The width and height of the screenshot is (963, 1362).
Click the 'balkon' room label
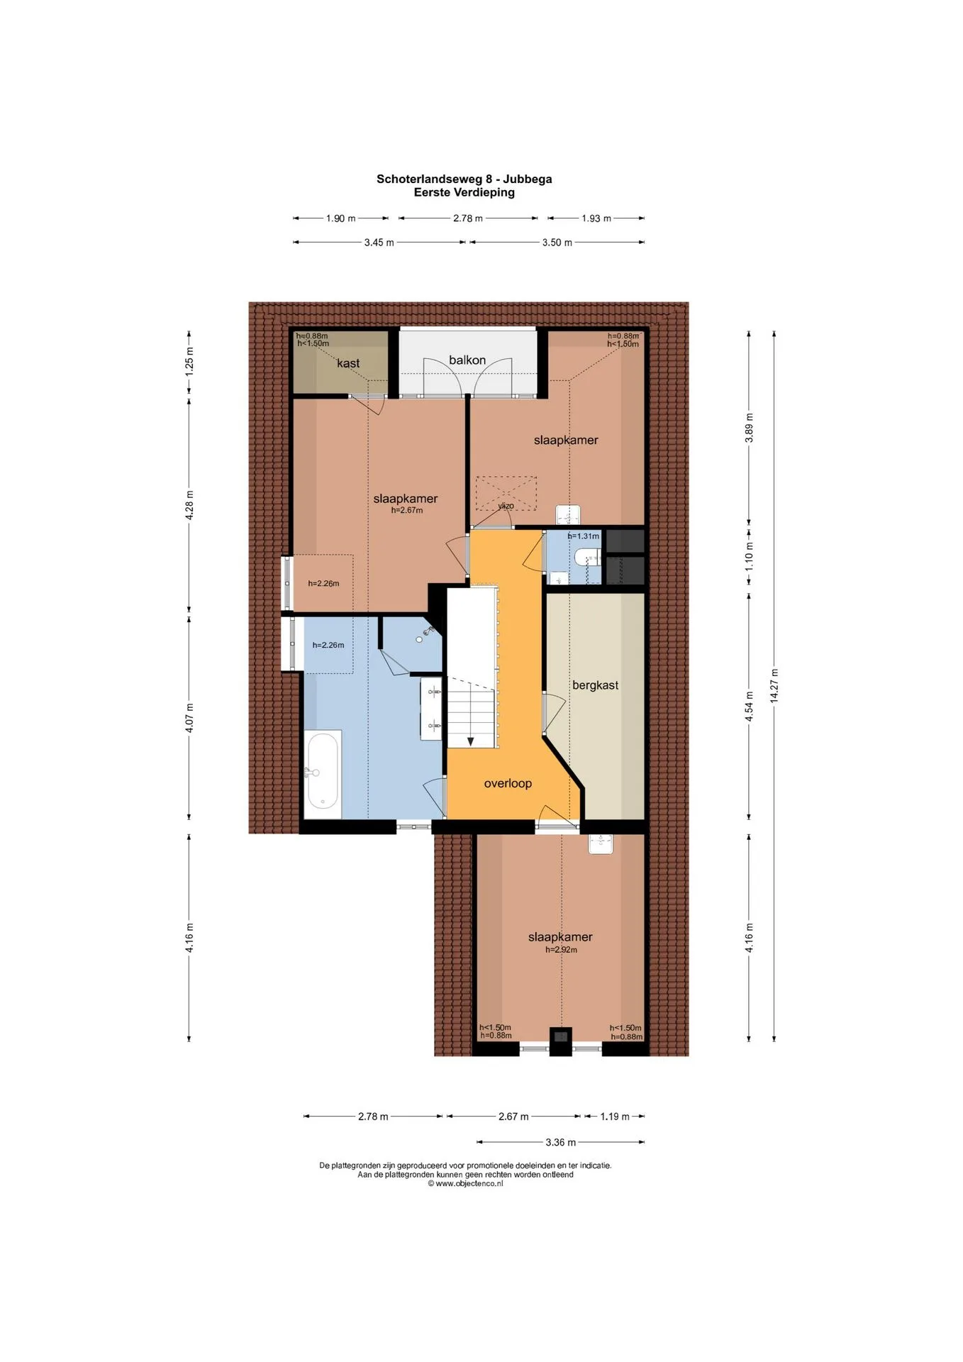click(x=467, y=360)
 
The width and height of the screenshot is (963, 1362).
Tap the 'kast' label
click(x=348, y=363)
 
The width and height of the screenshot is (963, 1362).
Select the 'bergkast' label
click(x=595, y=685)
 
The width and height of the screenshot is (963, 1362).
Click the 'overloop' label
click(x=508, y=783)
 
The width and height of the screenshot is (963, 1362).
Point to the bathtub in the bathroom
click(x=323, y=774)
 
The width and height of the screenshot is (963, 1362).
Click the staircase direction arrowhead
click(x=470, y=742)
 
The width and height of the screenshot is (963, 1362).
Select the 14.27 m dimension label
click(x=774, y=686)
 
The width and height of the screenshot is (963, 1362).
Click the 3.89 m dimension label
click(x=749, y=428)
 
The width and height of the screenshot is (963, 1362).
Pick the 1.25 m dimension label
click(x=189, y=361)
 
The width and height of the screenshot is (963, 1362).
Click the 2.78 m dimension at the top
click(x=468, y=218)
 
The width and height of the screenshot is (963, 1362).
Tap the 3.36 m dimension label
click(x=561, y=1142)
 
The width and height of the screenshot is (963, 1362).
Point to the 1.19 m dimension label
click(x=615, y=1117)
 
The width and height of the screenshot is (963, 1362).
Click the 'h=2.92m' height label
click(x=561, y=950)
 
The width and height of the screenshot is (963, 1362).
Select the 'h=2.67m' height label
click(x=407, y=510)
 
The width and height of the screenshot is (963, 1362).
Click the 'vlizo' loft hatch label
click(x=506, y=506)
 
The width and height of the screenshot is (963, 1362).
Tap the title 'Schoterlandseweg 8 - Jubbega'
click(x=464, y=179)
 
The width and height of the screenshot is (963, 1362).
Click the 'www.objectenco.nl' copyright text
click(x=465, y=1183)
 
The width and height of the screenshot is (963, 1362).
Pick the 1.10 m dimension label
click(x=749, y=557)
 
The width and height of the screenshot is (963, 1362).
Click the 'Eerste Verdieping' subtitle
click(x=464, y=192)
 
